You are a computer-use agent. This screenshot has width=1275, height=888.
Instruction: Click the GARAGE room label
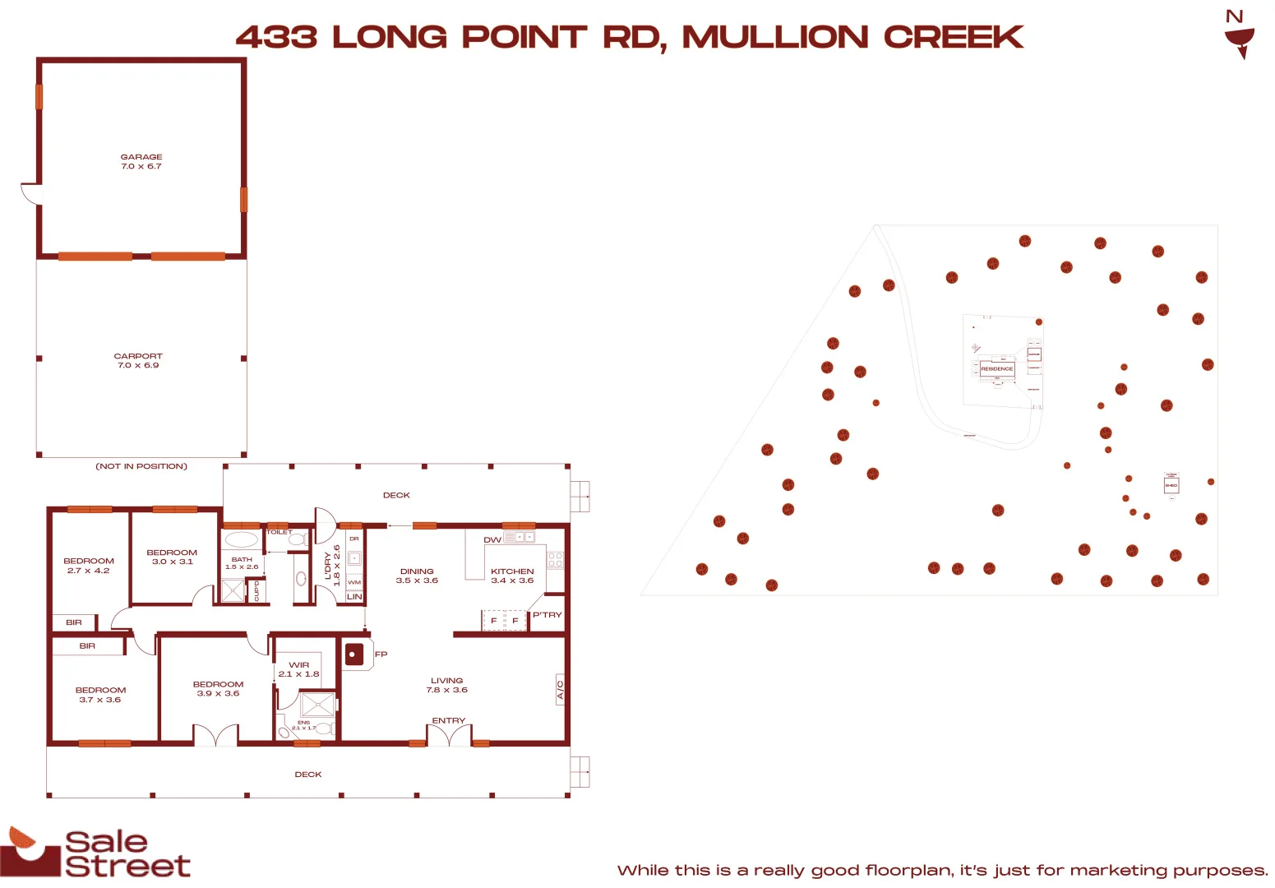tap(141, 161)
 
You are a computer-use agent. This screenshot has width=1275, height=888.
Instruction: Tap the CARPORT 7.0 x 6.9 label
tap(138, 361)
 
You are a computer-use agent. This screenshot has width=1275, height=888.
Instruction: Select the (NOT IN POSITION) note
tap(141, 466)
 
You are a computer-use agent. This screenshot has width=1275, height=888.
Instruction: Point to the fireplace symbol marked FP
tap(354, 654)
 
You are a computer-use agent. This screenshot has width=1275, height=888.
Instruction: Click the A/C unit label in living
tap(560, 689)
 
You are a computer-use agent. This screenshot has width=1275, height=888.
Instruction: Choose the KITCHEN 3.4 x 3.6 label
tap(512, 576)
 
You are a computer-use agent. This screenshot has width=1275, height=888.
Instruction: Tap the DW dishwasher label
tap(492, 539)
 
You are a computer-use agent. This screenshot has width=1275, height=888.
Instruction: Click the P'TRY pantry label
tap(547, 615)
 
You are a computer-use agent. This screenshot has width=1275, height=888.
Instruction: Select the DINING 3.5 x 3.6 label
tap(417, 576)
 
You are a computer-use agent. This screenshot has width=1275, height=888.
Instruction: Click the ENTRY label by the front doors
tap(449, 721)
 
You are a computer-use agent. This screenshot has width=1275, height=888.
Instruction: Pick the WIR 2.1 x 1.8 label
tap(298, 669)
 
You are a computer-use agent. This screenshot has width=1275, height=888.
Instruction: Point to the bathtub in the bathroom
tap(242, 540)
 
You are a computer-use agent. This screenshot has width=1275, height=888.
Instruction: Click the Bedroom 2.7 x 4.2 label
tap(89, 566)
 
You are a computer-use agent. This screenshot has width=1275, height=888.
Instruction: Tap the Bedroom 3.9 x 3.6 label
tap(218, 689)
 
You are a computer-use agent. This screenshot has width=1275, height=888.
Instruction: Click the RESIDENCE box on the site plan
tap(996, 369)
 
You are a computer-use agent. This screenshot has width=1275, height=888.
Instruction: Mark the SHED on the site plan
tap(1171, 485)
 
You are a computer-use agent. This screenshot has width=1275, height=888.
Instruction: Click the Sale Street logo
tap(96, 853)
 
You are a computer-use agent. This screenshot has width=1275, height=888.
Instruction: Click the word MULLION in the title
tap(775, 37)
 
